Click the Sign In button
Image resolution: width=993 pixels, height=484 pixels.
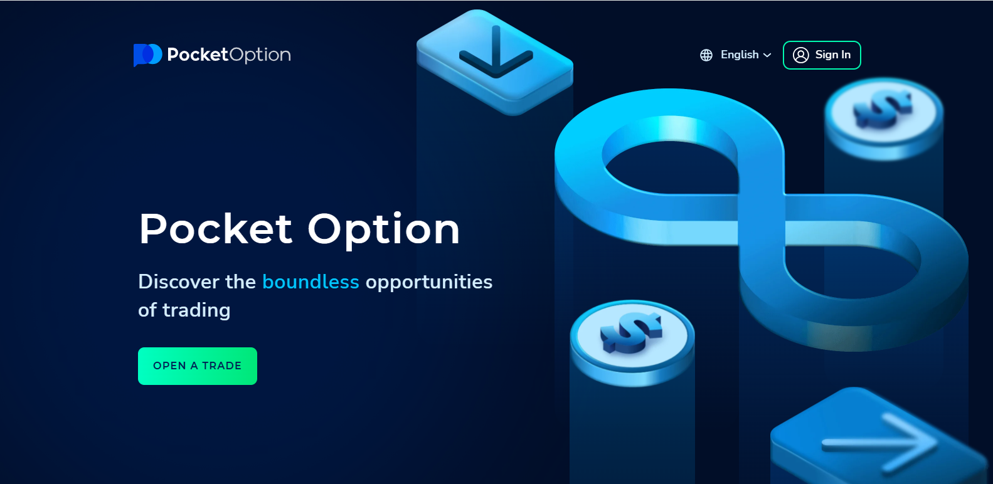pyautogui.click(x=822, y=55)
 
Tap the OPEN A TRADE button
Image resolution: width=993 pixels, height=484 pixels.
pyautogui.click(x=197, y=366)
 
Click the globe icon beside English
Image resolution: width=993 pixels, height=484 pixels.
pyautogui.click(x=706, y=55)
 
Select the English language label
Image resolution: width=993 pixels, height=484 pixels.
pyautogui.click(x=740, y=55)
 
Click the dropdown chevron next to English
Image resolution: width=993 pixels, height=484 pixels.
pyautogui.click(x=767, y=55)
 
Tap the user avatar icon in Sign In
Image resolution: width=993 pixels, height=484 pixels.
pyautogui.click(x=800, y=55)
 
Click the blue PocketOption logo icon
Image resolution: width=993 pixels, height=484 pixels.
pyautogui.click(x=147, y=55)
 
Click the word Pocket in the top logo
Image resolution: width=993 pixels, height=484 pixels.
pyautogui.click(x=198, y=55)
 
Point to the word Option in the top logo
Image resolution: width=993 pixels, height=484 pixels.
pyautogui.click(x=260, y=55)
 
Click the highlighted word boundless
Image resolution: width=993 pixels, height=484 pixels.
pyautogui.click(x=311, y=282)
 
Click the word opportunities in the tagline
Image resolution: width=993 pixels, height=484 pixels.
pyautogui.click(x=428, y=283)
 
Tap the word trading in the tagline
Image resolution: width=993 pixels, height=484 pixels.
pyautogui.click(x=196, y=311)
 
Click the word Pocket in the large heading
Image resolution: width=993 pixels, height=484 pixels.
pyautogui.click(x=216, y=229)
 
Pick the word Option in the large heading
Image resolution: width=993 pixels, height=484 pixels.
pyautogui.click(x=384, y=231)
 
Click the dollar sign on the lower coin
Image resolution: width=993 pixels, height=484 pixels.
pyautogui.click(x=631, y=332)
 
